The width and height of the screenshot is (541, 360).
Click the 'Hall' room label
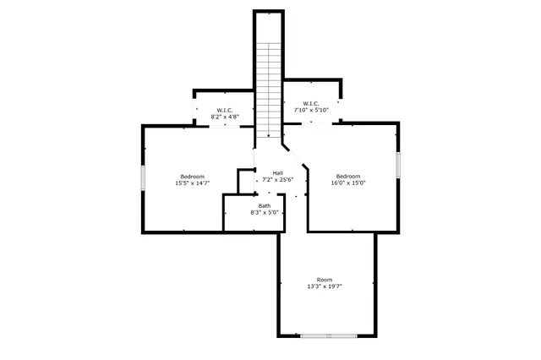(265, 172)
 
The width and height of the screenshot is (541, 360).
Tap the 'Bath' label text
(265, 206)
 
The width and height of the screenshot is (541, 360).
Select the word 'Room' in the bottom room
(325, 280)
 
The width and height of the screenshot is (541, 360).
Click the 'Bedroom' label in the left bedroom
(193, 176)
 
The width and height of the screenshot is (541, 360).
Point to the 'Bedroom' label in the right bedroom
(348, 176)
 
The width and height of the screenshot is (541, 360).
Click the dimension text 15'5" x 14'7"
(193, 183)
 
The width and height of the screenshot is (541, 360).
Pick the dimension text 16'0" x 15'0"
(348, 183)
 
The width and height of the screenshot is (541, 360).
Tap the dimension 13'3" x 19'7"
(325, 286)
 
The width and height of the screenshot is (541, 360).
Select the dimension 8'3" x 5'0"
(265, 213)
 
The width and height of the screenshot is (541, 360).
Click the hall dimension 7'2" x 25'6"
(276, 179)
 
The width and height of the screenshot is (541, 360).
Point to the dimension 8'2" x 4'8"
(225, 117)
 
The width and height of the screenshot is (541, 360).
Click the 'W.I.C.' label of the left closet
(225, 110)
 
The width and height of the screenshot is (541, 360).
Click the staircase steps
(268, 85)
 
